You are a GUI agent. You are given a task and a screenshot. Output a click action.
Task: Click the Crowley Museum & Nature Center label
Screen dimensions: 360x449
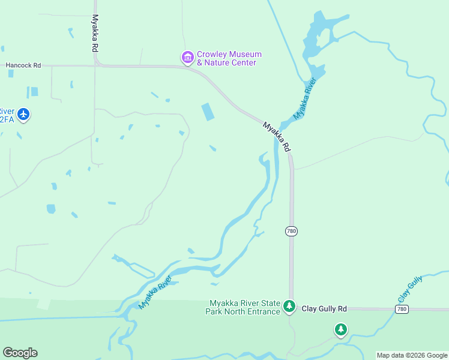click(229, 59)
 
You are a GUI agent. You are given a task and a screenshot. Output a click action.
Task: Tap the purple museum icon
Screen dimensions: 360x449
click(187, 58)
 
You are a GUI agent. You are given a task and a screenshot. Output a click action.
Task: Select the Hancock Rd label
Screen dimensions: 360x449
click(23, 65)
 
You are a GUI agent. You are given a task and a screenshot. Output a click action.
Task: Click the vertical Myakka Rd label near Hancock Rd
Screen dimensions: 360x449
click(95, 34)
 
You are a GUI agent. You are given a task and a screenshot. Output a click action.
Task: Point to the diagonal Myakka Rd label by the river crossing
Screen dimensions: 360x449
click(277, 137)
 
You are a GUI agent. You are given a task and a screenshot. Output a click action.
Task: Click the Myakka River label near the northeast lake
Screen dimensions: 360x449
click(304, 97)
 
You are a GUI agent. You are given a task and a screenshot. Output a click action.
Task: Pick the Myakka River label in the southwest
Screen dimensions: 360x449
click(155, 292)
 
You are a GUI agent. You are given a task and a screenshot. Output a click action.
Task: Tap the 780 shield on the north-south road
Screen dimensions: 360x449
click(292, 231)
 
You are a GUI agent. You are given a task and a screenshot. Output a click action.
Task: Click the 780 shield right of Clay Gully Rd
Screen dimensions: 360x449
click(402, 308)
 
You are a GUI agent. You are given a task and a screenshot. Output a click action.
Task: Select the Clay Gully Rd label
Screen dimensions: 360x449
click(324, 308)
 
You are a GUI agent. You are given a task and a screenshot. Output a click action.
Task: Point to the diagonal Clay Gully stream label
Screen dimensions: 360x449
click(410, 289)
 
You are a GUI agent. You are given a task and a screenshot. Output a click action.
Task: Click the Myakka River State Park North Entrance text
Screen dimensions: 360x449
click(243, 307)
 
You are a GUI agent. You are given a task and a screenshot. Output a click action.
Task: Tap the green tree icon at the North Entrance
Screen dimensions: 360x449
click(289, 307)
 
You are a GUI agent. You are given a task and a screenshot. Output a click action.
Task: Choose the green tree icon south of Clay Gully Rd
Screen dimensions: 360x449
click(341, 329)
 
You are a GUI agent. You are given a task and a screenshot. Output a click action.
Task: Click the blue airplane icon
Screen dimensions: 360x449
click(23, 113)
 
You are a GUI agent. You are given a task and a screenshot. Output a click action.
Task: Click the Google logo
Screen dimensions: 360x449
click(20, 353)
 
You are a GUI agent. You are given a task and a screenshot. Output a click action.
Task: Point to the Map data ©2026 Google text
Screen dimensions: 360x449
click(412, 355)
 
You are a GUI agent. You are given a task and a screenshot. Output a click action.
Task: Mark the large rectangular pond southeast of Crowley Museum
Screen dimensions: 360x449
click(207, 112)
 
